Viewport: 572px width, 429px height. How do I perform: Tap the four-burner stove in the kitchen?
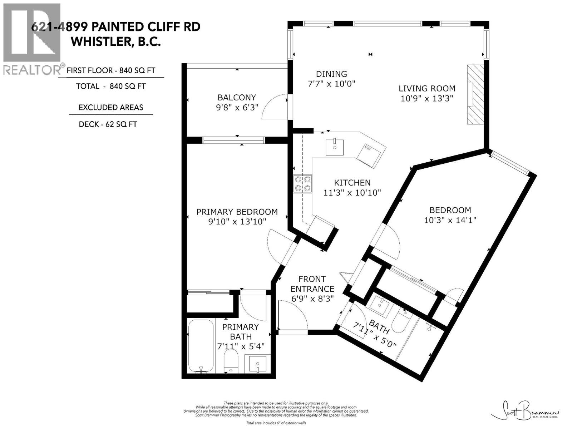click(302, 184)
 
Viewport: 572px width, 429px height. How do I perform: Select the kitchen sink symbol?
click(335, 147)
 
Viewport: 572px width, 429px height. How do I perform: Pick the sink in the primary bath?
click(257, 364)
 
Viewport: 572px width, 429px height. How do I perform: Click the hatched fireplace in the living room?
click(475, 95)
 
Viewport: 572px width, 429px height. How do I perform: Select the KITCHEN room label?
click(352, 183)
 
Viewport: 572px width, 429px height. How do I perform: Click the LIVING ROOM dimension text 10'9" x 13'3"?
click(427, 98)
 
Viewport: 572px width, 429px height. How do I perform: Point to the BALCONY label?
click(237, 97)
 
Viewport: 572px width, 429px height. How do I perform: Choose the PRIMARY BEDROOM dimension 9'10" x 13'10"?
click(237, 222)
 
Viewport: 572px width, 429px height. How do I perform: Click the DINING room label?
click(331, 74)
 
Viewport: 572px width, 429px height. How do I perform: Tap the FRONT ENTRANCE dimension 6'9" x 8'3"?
click(312, 299)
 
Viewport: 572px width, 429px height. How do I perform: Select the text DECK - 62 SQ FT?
click(108, 124)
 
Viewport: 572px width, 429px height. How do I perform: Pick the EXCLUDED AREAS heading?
click(111, 107)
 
